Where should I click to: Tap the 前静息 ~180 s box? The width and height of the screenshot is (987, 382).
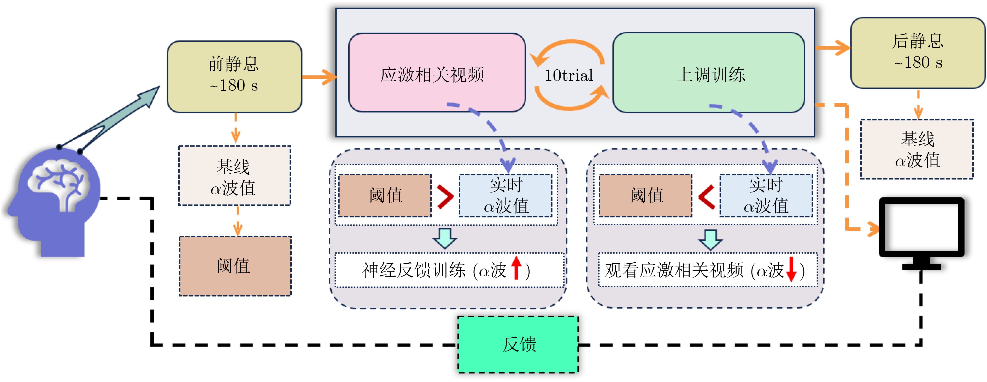click(234, 77)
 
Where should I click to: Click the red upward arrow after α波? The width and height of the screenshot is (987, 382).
click(516, 268)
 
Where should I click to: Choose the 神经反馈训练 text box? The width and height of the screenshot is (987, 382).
click(449, 270)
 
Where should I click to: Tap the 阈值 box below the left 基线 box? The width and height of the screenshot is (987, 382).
click(235, 266)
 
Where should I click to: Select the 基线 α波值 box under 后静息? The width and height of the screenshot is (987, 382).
click(916, 149)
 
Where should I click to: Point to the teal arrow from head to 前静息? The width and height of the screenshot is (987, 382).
click(115, 119)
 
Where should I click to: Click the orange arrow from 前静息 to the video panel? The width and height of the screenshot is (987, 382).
click(319, 77)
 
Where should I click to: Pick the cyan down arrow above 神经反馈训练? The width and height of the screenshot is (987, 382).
click(444, 238)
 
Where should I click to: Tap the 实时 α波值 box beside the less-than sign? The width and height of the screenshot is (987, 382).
click(766, 195)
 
